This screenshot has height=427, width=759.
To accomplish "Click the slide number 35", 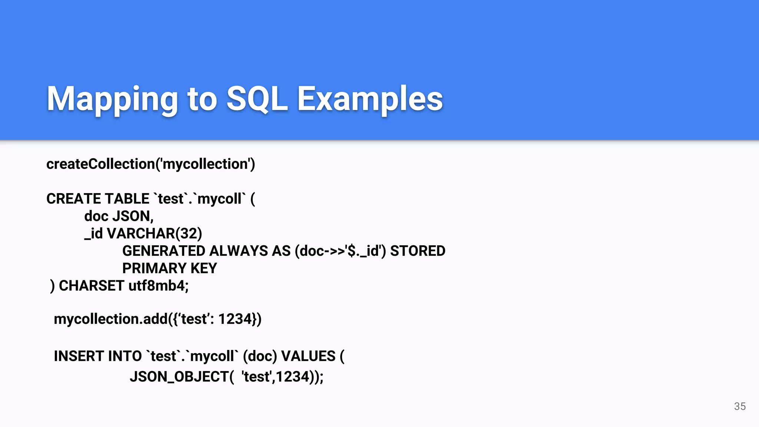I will [x=740, y=406].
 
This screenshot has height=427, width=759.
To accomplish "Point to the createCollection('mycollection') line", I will [x=150, y=164].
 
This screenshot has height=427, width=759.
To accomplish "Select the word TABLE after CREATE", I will [x=127, y=199].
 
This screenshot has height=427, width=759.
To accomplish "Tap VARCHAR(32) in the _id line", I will [x=154, y=234].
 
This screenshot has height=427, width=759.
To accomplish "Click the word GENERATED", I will [x=164, y=251].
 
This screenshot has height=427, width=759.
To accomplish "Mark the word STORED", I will [x=418, y=251].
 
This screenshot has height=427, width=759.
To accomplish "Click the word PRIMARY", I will [x=154, y=268].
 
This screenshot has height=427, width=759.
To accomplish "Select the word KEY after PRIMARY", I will [x=204, y=268].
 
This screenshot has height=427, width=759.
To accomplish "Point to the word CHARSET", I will [x=91, y=286].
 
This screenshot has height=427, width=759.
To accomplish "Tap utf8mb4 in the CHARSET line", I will [x=158, y=286].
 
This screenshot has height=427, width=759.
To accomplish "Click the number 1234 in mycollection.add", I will [x=235, y=319].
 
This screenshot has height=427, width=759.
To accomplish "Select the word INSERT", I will [x=78, y=356].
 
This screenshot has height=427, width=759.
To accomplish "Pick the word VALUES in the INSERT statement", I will [x=308, y=356].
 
